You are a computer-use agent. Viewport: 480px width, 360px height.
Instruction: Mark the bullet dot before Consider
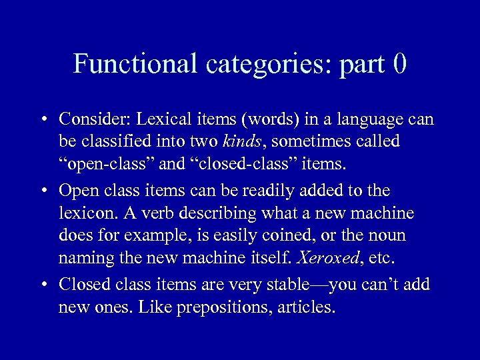coord(42,120)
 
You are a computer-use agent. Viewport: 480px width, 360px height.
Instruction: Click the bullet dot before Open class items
coord(42,191)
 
